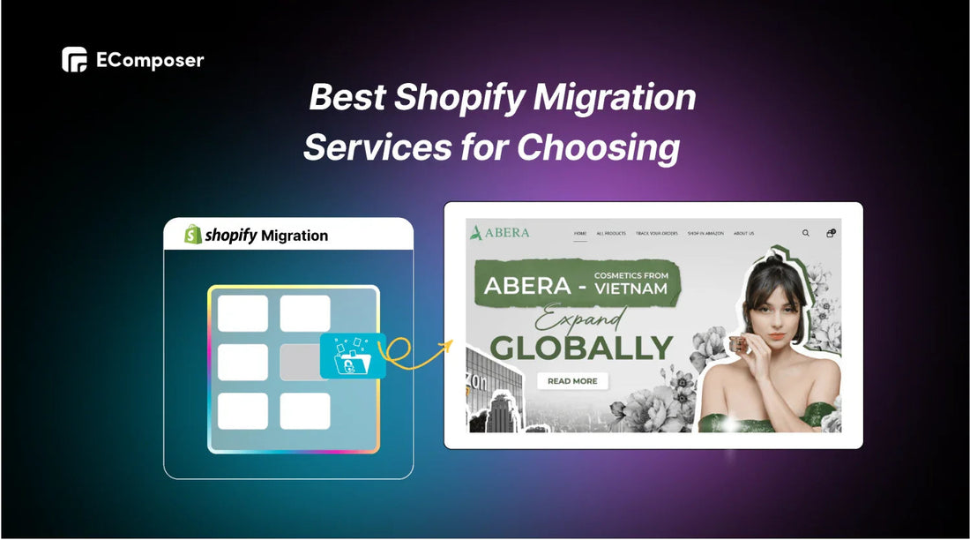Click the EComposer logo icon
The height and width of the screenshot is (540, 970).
74,60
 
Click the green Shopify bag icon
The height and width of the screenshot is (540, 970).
192,235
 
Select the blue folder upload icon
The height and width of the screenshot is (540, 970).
353,356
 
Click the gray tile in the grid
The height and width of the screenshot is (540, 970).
301,362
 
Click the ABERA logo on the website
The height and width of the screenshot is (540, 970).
500,233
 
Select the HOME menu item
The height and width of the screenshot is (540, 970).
580,234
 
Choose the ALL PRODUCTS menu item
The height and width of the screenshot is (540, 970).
611,234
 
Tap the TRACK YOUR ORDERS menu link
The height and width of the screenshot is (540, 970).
657,234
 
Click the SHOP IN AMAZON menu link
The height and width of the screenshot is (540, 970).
706,234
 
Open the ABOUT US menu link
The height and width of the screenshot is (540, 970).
743,234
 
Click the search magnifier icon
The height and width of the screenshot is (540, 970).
805,233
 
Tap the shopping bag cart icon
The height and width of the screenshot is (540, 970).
830,233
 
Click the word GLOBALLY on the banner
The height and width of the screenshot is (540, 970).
581,347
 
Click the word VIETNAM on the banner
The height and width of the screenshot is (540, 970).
630,289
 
